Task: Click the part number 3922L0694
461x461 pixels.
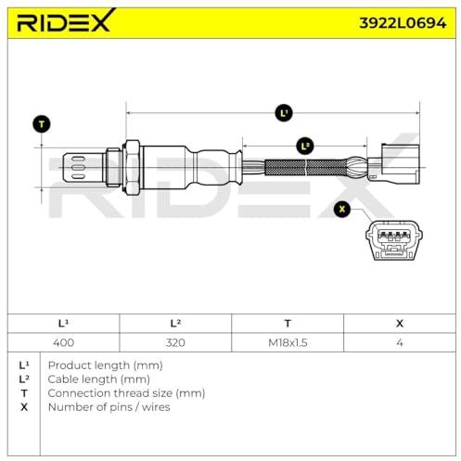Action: tap(403, 23)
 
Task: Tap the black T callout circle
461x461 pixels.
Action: tap(42, 124)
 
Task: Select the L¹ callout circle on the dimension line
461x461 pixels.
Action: tap(284, 113)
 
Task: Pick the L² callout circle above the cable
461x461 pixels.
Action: tap(305, 147)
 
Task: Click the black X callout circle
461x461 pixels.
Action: tap(342, 209)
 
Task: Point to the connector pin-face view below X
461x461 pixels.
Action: tap(394, 240)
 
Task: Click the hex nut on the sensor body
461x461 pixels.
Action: tap(132, 168)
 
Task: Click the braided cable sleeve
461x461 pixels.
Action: tap(306, 167)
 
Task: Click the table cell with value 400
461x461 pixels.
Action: tap(63, 342)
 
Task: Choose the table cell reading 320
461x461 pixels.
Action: tap(175, 342)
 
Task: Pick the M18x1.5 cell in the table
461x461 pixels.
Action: tap(288, 342)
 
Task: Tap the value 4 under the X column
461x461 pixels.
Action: tap(400, 342)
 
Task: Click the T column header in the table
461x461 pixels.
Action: tap(288, 324)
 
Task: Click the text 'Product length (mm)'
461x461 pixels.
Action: tap(106, 365)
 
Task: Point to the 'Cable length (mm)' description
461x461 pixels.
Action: tap(99, 379)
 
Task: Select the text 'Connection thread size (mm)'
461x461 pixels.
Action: tap(126, 393)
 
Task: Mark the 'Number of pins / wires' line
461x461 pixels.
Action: tap(109, 407)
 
